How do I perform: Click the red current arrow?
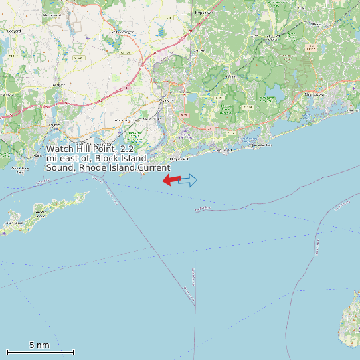pyautogui.click(x=171, y=180)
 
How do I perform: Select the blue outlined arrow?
pyautogui.click(x=189, y=180)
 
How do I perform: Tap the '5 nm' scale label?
pyautogui.click(x=39, y=345)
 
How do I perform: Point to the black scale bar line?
pyautogui.click(x=40, y=352)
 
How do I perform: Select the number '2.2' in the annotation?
pyautogui.click(x=128, y=149)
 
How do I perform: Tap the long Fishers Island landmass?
pyautogui.click(x=46, y=211)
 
